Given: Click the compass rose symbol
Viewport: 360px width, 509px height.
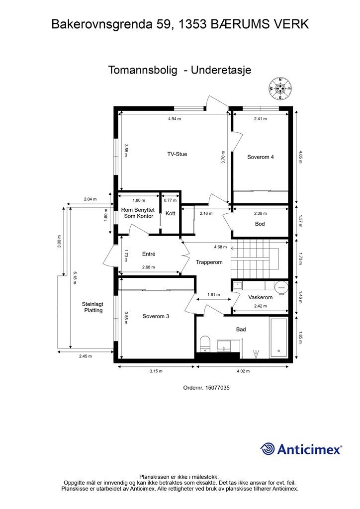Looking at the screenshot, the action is pos(280,88).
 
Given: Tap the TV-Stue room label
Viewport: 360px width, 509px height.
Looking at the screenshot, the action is pos(177,154).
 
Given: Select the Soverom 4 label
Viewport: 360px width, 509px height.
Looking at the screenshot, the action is pos(261,157).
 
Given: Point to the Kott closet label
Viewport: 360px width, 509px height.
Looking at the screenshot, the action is pos(171,213).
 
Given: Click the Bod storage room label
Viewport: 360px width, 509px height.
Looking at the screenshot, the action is pos(260,224).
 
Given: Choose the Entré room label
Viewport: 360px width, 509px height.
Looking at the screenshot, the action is pos(149,254).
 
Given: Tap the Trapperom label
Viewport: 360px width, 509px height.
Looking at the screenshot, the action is pos(209,262).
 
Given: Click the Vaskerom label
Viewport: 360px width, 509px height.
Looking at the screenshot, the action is pos(261,297).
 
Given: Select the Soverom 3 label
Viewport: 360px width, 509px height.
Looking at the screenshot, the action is pos(156,316).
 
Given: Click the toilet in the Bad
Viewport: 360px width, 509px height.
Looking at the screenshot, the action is pos(205,344).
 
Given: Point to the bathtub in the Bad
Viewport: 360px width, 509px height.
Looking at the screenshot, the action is pos(278,338).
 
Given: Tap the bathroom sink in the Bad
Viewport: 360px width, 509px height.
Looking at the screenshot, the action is pos(224,345).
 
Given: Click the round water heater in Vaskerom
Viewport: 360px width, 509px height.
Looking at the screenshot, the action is pos(281,287).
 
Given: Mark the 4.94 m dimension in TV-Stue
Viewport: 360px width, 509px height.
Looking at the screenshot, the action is pos(175,119).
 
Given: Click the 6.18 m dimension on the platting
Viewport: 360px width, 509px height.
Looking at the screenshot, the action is pos(75,278).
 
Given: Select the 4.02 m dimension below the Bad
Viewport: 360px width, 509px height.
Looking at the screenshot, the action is pos(243,371).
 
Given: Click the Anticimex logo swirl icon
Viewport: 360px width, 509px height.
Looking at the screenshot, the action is pos(267,449).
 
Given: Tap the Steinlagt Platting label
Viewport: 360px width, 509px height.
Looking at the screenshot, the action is pos(93,307).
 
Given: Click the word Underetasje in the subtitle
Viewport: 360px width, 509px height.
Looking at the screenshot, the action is pos(221,70).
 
